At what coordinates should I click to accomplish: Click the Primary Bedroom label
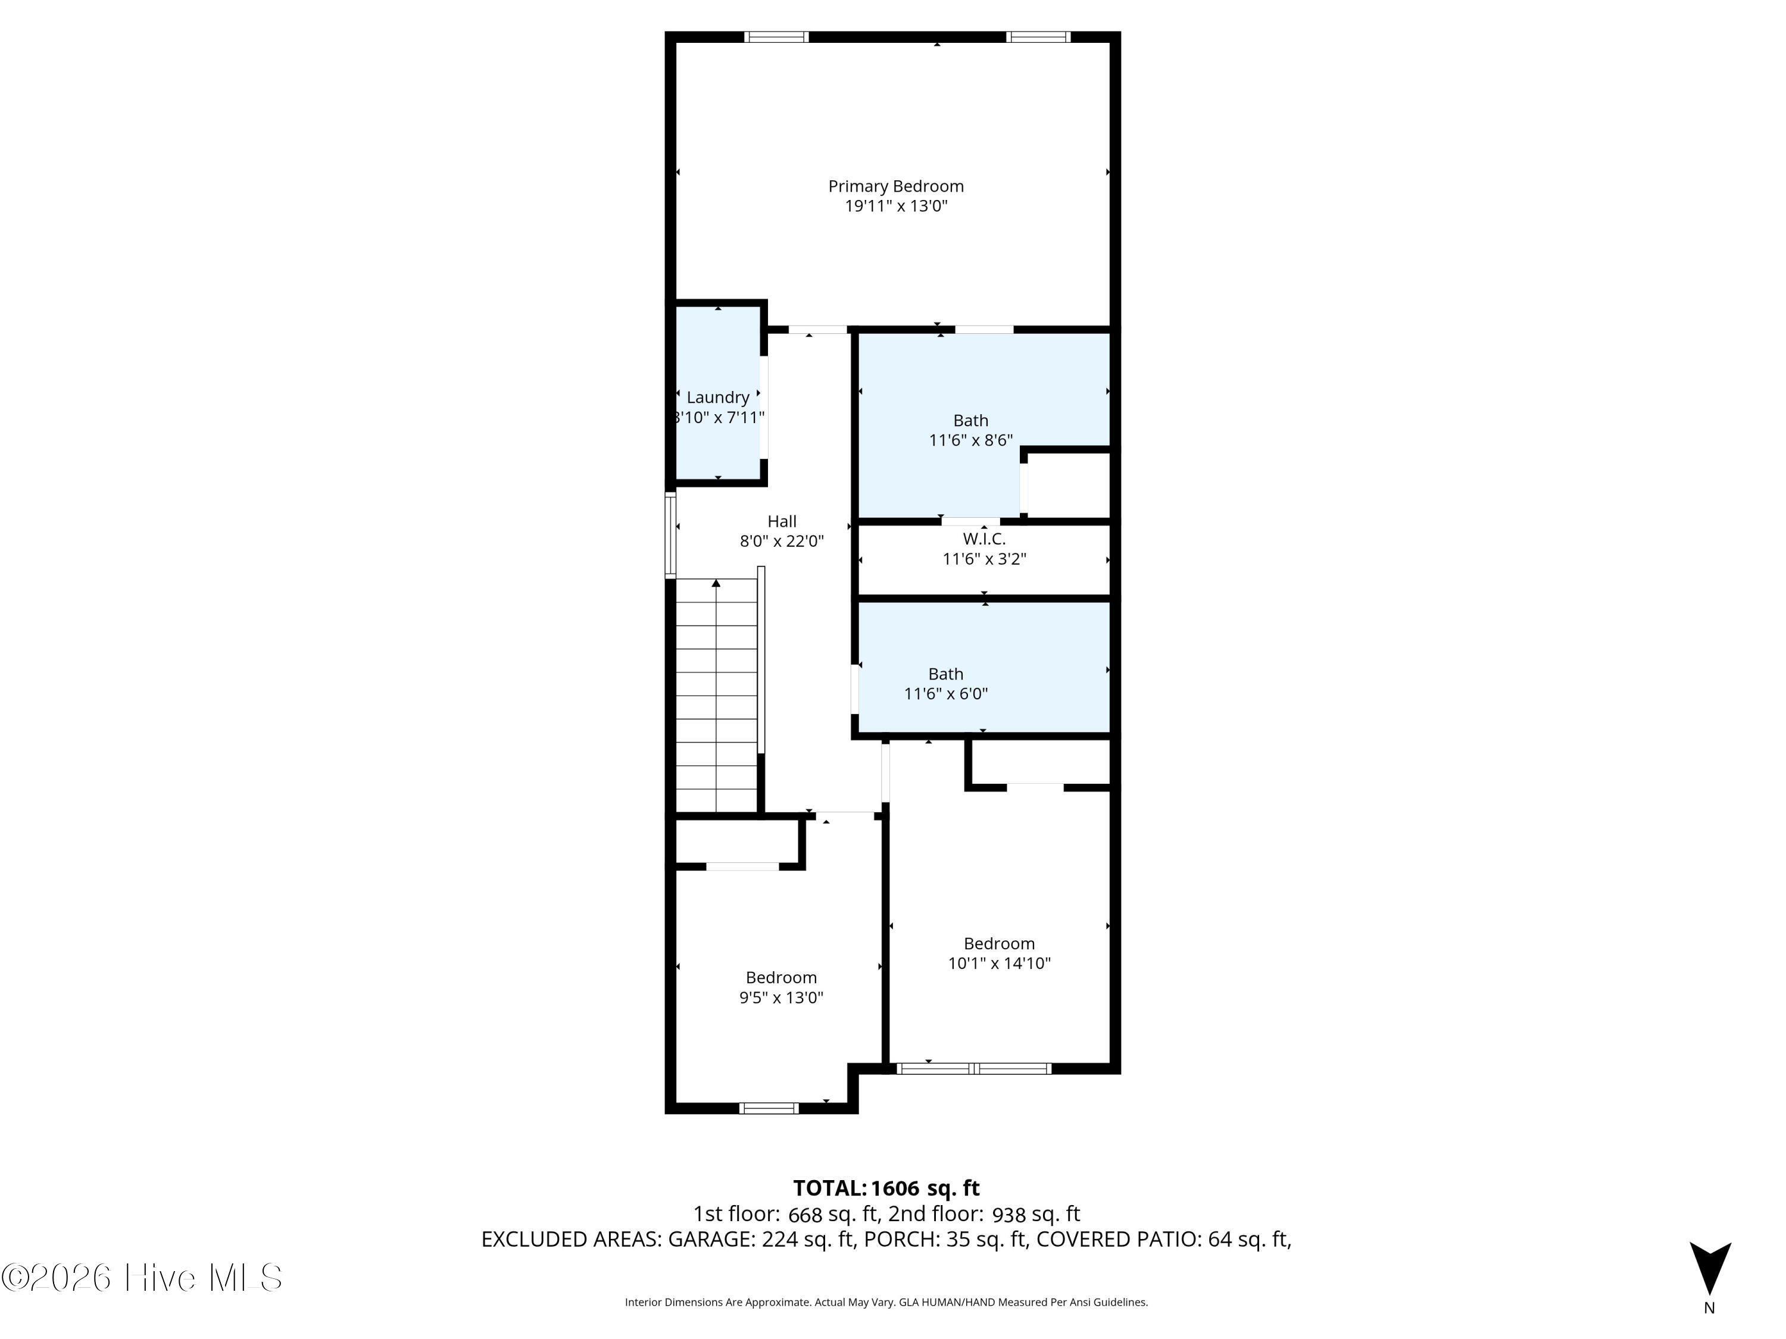click(x=895, y=186)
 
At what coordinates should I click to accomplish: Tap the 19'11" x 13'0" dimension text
click(x=895, y=206)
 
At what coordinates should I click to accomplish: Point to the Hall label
click(x=782, y=521)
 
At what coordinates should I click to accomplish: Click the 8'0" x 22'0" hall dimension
click(x=782, y=541)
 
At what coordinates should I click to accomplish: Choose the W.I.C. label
click(x=984, y=539)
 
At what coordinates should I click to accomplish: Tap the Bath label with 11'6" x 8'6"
click(x=970, y=421)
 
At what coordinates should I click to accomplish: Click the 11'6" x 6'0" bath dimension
click(x=945, y=693)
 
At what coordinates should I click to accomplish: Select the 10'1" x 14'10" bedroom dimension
click(x=999, y=963)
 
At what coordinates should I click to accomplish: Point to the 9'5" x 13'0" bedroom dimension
click(x=780, y=997)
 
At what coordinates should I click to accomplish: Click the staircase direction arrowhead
click(x=716, y=583)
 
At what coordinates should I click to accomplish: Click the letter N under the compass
click(x=1709, y=1308)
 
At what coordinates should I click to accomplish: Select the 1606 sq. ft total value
click(x=925, y=1188)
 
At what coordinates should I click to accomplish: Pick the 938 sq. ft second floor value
click(x=1036, y=1214)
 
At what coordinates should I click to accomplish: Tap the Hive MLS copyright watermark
click(x=142, y=1278)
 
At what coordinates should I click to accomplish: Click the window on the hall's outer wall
click(x=670, y=535)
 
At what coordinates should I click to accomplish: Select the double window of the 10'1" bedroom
click(x=974, y=1069)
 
